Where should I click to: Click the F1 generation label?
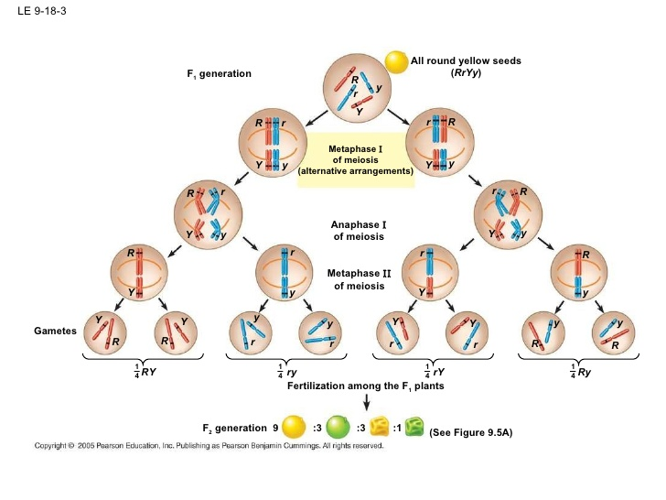(219, 73)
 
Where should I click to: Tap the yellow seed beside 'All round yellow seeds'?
(395, 61)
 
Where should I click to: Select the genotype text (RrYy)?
(466, 72)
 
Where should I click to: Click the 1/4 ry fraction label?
(288, 371)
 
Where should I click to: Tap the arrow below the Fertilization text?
(367, 403)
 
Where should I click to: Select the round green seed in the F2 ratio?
(338, 427)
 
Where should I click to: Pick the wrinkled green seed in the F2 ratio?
(414, 427)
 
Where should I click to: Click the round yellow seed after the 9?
(294, 427)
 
